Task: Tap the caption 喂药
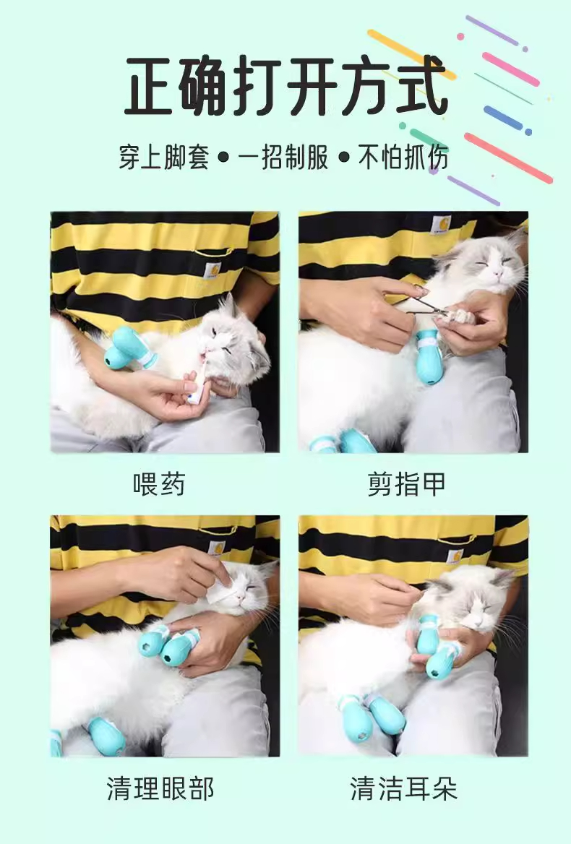point(159,484)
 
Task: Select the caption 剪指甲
point(406,484)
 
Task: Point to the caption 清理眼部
point(160,788)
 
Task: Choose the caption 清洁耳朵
point(403,788)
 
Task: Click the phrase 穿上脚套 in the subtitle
point(163,158)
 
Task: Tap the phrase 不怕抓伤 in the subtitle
point(403,158)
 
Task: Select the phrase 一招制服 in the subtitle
point(283,158)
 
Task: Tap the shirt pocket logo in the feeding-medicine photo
point(212,270)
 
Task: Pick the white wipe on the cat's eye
point(220,592)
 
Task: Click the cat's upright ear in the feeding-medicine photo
point(230,307)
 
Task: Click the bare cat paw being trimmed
point(454,317)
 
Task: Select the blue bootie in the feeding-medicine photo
point(129,349)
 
